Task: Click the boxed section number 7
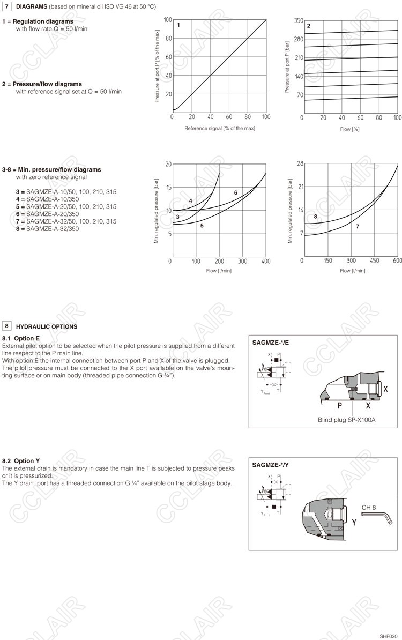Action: pos(8,6)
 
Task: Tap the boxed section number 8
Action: pos(8,326)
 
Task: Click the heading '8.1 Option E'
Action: pos(21,339)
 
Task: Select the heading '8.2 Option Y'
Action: pos(21,460)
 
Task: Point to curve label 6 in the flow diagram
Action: pos(235,192)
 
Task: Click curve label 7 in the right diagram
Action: pos(357,227)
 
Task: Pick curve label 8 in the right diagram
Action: pos(316,217)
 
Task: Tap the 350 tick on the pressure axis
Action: pos(299,20)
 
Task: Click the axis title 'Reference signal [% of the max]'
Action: pos(220,129)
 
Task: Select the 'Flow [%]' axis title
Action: pos(349,129)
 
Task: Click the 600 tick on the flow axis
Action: pos(397,261)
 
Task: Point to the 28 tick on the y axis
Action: pos(300,163)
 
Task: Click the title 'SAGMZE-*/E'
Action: pos(271,342)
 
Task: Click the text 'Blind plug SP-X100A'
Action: pos(347,420)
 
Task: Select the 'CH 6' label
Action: pos(369,507)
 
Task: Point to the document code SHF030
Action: pos(389,636)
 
